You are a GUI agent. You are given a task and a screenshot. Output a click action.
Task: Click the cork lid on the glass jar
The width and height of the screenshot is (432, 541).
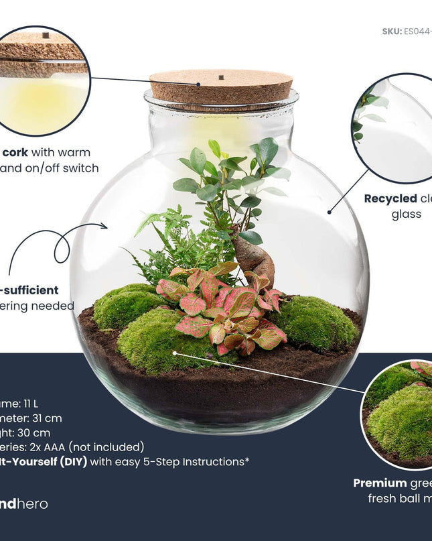point(221,88)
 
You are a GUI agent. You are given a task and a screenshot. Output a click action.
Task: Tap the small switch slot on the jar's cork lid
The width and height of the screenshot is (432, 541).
point(220,78)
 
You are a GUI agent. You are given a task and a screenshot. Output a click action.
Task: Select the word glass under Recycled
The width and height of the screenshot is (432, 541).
point(406,215)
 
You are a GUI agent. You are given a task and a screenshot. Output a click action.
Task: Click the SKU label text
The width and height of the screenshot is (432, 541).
point(391,32)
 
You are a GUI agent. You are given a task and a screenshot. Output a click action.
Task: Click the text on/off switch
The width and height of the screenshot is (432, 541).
point(67,168)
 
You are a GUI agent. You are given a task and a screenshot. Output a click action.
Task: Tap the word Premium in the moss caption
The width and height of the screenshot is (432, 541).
point(379,483)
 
